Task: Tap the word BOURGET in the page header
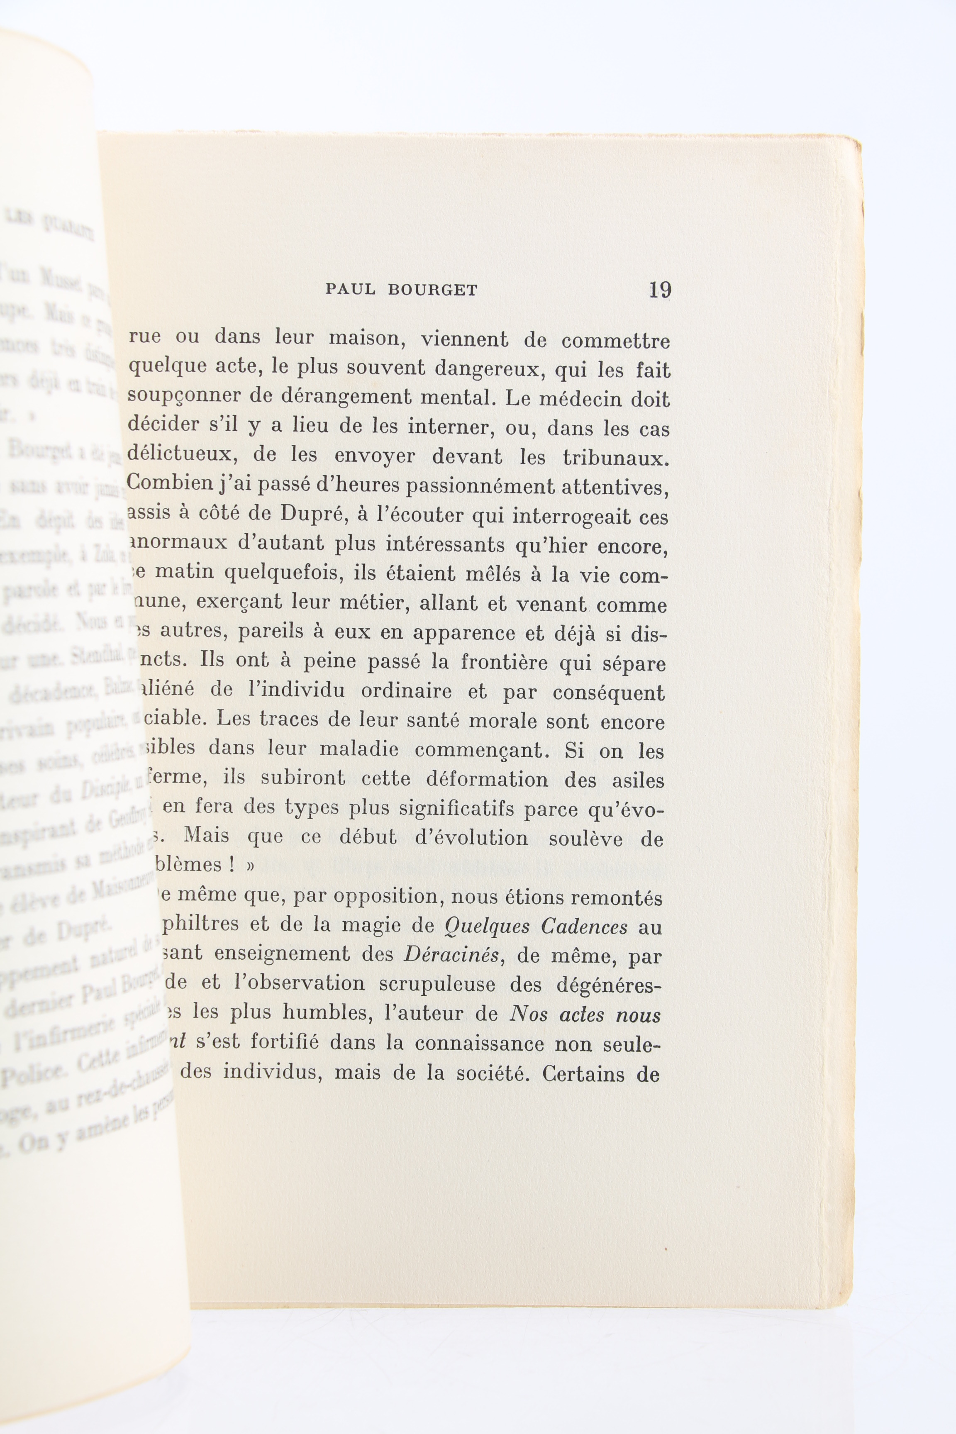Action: point(432,290)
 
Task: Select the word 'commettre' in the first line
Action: point(616,341)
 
